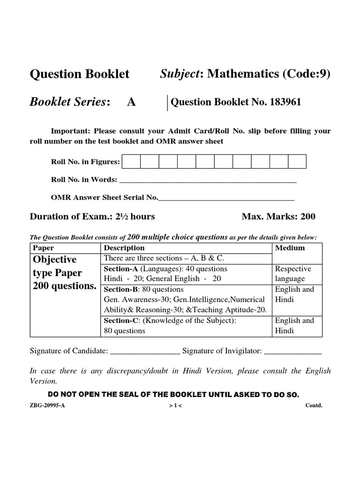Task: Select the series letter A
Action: tap(131, 103)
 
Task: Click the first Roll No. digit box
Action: tap(131, 162)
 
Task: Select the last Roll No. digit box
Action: tap(297, 162)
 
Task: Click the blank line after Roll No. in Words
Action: tap(209, 181)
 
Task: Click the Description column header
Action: tap(124, 248)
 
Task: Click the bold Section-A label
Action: tap(120, 269)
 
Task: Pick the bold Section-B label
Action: tap(120, 290)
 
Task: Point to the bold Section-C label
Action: tap(120, 321)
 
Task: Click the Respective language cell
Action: tap(293, 274)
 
